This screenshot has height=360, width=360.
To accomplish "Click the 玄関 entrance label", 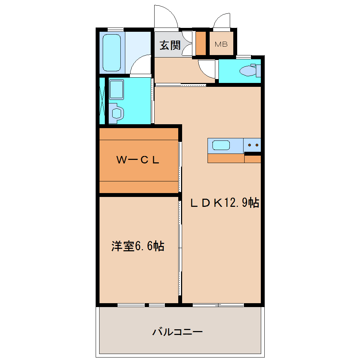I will click(x=170, y=45).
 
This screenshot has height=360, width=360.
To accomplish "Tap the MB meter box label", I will click(x=221, y=44).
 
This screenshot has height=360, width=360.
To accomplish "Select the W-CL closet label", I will click(x=138, y=160).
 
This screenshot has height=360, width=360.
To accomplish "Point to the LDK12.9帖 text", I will click(x=225, y=203).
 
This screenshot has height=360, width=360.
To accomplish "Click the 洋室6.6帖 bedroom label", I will click(x=138, y=246).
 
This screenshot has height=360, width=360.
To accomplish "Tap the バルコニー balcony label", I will click(x=178, y=332).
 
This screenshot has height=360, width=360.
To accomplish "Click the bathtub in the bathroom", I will click(x=112, y=53).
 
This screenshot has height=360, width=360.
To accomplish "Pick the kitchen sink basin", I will click(x=221, y=145).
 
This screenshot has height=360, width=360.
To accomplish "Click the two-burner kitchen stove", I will click(x=252, y=145).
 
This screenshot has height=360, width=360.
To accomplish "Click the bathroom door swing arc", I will click(x=141, y=65).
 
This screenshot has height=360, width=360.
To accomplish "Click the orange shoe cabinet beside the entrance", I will click(x=201, y=43).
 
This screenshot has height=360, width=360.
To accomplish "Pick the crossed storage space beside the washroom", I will click(x=102, y=100).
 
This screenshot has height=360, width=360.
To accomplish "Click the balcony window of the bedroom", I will click(x=141, y=305).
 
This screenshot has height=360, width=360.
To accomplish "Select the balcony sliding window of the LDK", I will click(x=218, y=305).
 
